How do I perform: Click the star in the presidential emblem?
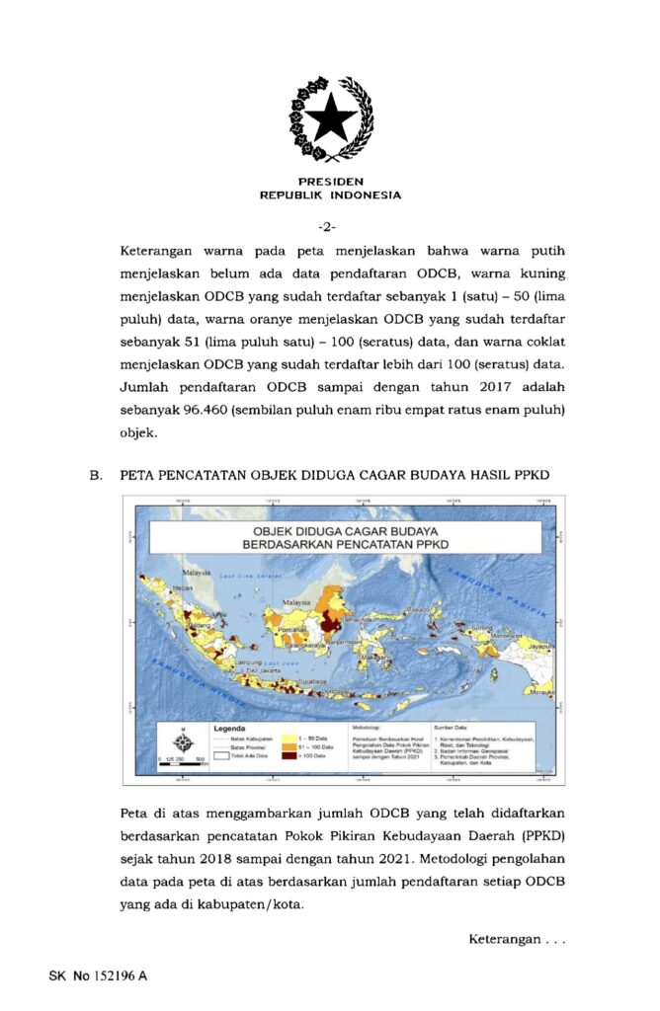click(x=330, y=117)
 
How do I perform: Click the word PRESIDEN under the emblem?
click(x=330, y=182)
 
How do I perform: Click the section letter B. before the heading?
click(x=96, y=475)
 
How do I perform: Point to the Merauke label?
click(x=538, y=692)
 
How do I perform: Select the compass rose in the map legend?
click(x=183, y=741)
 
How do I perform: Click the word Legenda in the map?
click(x=228, y=729)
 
